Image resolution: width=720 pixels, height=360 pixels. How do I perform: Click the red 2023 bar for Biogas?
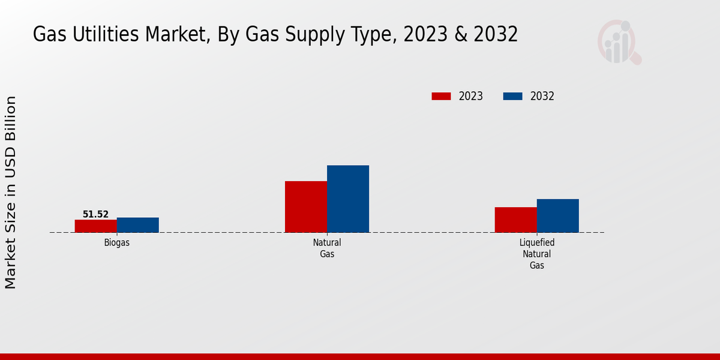point(95,226)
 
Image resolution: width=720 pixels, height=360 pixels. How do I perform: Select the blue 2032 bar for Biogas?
point(138,225)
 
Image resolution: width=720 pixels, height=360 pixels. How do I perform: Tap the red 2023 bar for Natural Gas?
point(306,206)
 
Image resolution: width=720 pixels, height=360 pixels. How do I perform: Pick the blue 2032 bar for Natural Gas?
point(348,199)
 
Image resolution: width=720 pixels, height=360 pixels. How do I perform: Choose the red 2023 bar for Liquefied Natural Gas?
point(515,220)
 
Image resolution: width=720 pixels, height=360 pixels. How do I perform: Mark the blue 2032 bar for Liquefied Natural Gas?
point(558,215)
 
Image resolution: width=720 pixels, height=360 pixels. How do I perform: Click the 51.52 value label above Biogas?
point(95,214)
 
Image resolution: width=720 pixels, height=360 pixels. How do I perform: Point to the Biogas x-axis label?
point(116,243)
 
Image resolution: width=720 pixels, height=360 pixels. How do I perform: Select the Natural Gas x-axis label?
point(327,248)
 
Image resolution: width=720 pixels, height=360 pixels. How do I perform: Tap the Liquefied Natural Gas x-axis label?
point(537,254)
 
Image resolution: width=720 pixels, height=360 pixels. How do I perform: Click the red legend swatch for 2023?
point(441,96)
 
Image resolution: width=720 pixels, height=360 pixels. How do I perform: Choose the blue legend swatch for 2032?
point(512,96)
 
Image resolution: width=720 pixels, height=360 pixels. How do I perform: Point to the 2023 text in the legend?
point(471,96)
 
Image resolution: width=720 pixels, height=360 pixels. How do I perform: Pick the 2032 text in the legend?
point(542,96)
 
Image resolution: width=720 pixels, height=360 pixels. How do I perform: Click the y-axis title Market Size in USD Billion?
point(11,192)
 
